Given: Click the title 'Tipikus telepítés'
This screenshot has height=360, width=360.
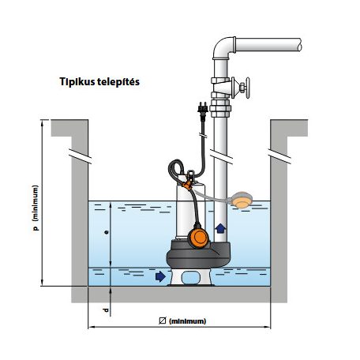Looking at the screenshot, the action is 99,82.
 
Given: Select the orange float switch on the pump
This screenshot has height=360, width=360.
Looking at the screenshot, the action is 199,238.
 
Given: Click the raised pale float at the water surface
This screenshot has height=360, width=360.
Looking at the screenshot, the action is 242,200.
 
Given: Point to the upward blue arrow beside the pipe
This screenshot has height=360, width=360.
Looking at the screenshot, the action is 220,228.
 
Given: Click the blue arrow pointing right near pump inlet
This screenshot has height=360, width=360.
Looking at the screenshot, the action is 160,276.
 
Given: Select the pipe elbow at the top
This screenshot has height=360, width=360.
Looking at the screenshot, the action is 223,48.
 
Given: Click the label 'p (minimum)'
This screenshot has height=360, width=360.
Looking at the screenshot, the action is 36,208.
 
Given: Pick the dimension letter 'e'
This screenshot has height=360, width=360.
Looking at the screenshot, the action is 106,232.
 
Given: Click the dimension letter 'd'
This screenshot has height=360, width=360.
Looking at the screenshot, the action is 106,310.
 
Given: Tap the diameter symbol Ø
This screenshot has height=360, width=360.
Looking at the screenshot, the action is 163,321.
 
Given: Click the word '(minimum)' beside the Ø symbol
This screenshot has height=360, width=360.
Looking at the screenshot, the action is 187,321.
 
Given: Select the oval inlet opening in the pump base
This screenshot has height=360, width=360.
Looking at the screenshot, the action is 191,277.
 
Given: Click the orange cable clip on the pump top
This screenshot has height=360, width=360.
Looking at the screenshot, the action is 188,185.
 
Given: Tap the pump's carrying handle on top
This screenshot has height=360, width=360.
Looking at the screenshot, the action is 191,176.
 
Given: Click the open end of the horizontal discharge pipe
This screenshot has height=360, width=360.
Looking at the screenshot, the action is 300,45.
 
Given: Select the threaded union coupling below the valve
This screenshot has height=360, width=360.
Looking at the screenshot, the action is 220,108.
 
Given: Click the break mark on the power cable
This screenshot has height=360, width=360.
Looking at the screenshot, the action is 203,136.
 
